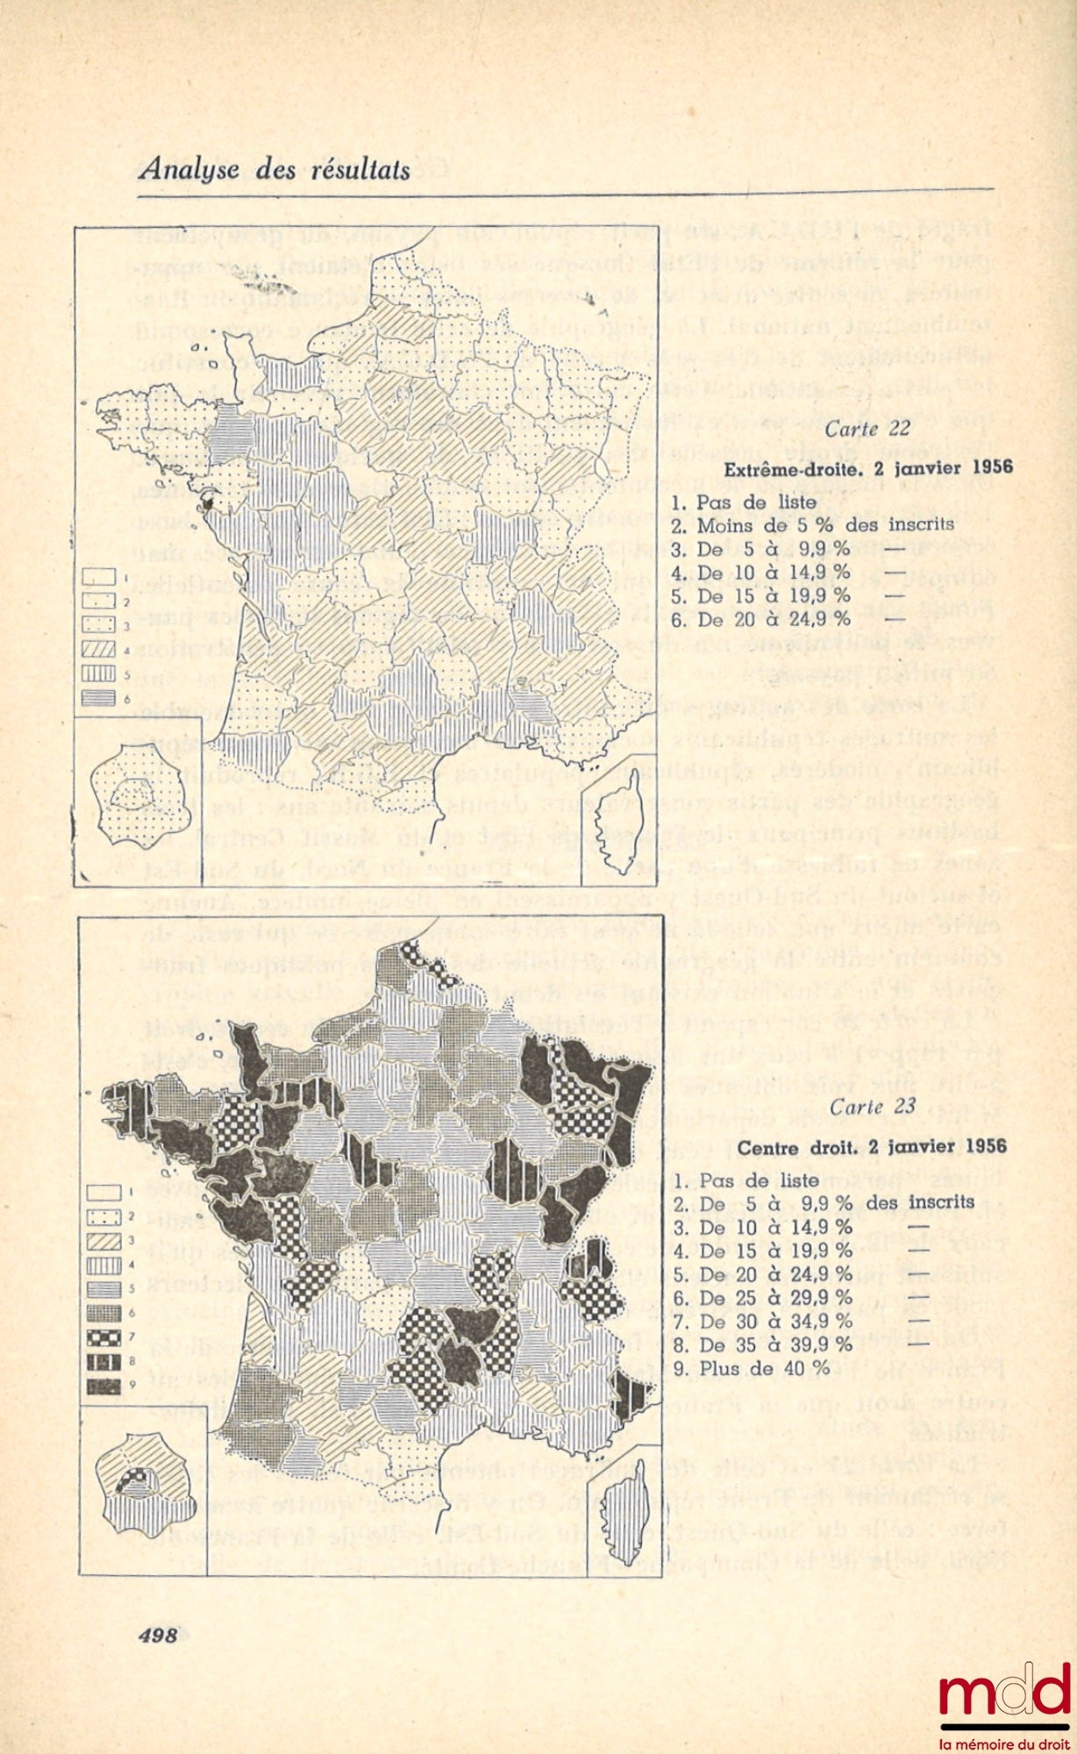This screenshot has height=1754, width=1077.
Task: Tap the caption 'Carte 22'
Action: pos(859,431)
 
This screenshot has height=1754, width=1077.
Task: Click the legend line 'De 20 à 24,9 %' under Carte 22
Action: pos(762,619)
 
